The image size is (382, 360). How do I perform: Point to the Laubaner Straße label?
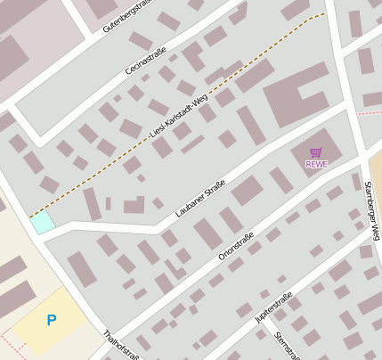coord(200,199)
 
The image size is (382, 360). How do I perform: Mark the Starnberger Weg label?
coord(372,210)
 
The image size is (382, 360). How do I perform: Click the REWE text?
coord(316,164)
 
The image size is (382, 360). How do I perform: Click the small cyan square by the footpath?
coord(42,223)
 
